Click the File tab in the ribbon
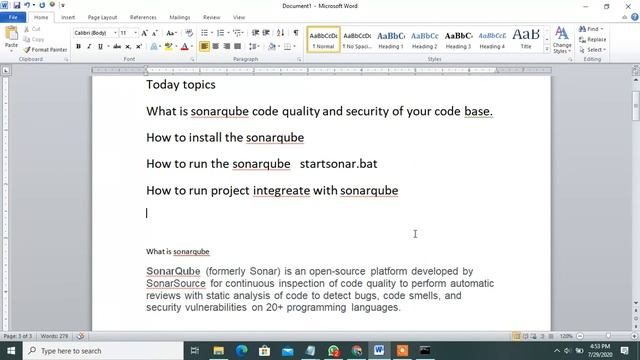[13, 17]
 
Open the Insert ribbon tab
[68, 17]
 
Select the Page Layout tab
[102, 17]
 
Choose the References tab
[143, 17]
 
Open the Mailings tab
[180, 17]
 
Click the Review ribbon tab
[212, 17]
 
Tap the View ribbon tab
[239, 17]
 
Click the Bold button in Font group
[78, 46]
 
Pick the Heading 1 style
[391, 39]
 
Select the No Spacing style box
[357, 39]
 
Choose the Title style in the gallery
[526, 39]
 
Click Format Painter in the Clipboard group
[49, 49]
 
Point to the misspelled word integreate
[281, 190]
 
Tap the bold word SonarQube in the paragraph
[173, 271]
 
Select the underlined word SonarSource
[176, 283]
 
